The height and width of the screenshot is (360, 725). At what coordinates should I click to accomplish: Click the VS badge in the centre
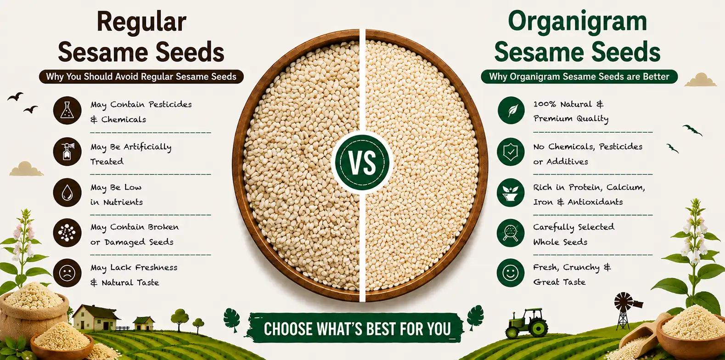click(x=362, y=162)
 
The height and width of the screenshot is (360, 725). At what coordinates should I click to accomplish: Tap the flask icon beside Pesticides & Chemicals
click(x=67, y=110)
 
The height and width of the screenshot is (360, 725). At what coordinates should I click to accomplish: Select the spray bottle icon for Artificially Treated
click(x=67, y=152)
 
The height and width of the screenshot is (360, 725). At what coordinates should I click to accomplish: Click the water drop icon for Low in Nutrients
click(x=67, y=192)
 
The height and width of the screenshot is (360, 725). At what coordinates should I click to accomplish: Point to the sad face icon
click(x=67, y=273)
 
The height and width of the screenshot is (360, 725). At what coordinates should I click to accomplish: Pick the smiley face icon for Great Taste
click(x=511, y=273)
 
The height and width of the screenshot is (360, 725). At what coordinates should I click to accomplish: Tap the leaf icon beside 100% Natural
click(x=511, y=110)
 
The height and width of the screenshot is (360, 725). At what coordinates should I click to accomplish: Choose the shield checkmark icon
click(x=511, y=152)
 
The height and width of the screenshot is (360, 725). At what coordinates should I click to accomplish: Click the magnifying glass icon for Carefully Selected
click(x=511, y=233)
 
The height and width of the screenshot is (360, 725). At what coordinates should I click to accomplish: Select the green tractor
click(x=526, y=324)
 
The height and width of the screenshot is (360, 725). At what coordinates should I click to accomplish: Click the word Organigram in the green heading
click(x=578, y=22)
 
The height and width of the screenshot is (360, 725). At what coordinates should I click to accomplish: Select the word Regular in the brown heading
click(x=141, y=22)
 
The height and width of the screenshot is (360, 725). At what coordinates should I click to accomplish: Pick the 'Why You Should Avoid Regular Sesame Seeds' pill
click(x=141, y=77)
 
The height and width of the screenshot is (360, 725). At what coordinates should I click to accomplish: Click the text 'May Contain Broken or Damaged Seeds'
click(x=135, y=234)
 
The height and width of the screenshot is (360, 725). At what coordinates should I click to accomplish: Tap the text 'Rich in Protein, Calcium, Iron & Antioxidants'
click(x=589, y=195)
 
